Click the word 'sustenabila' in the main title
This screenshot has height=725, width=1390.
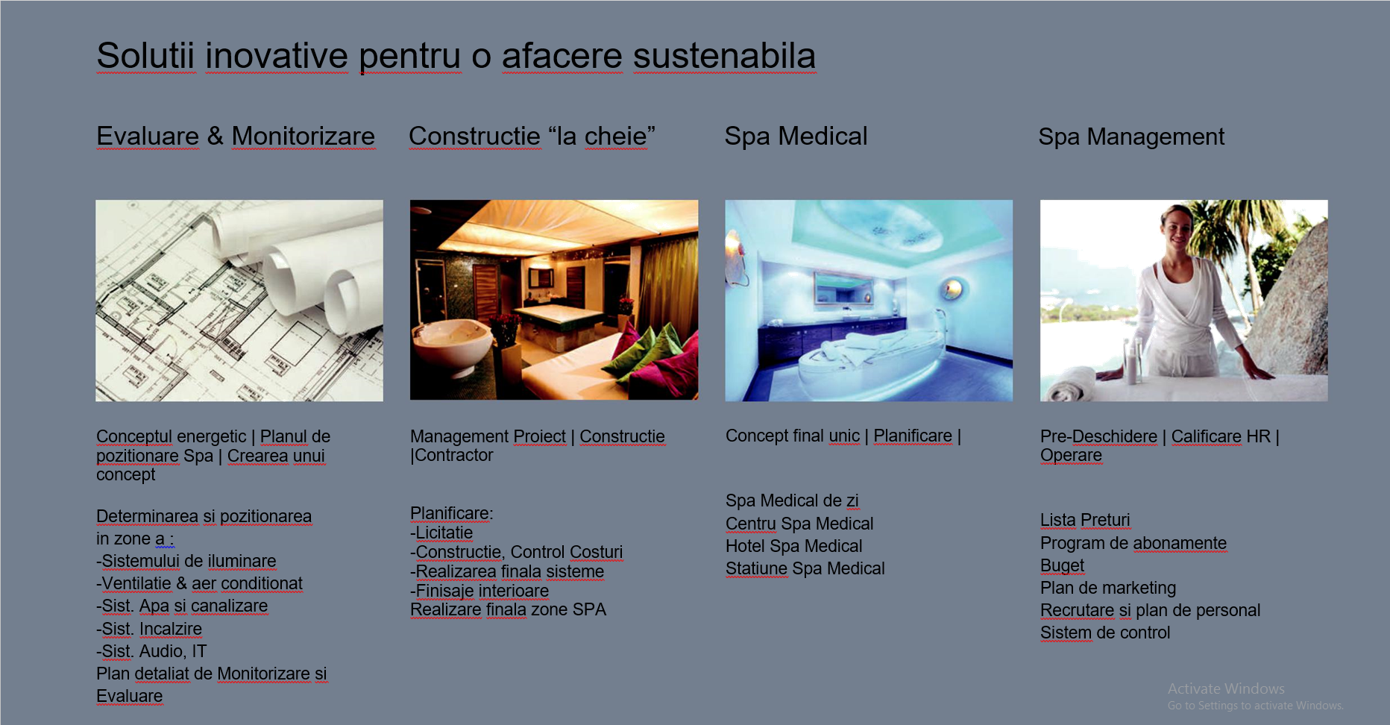click(x=724, y=56)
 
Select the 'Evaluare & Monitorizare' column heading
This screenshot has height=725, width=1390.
click(x=236, y=136)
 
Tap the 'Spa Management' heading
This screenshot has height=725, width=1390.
click(x=1131, y=137)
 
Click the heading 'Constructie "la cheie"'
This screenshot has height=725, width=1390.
click(x=532, y=136)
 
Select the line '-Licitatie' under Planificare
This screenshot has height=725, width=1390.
click(x=441, y=533)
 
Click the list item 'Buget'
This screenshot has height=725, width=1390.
click(x=1062, y=565)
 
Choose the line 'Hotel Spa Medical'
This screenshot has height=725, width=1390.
click(x=793, y=546)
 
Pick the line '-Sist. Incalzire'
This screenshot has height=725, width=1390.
click(x=149, y=629)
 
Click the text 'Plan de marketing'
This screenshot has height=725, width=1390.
click(x=1108, y=588)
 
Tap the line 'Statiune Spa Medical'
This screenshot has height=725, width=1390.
click(x=805, y=568)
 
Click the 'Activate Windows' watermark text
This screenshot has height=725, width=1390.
click(x=1226, y=688)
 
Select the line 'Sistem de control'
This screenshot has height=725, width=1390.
click(x=1105, y=633)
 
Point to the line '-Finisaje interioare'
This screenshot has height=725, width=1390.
click(x=479, y=591)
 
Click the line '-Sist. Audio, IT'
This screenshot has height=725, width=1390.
click(x=151, y=651)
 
